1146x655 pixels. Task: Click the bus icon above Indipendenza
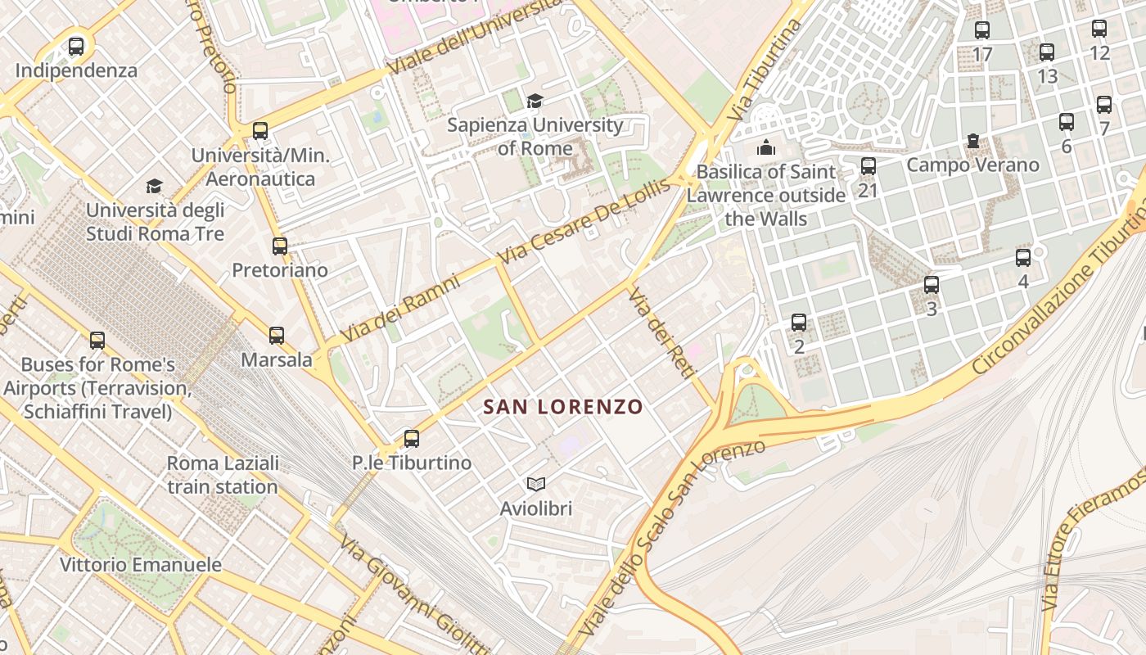pos(76,47)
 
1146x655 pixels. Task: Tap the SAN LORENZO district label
pos(563,407)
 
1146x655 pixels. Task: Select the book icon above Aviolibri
pos(536,485)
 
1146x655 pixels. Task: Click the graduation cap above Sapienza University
pos(535,101)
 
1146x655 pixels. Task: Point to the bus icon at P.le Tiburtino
pos(412,439)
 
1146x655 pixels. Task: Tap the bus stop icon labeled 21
pos(869,166)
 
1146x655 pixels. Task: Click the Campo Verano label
pos(972,165)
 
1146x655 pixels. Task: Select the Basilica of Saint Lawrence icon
pos(766,147)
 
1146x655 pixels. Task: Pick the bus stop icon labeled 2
pos(799,323)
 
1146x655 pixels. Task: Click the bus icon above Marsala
pos(277,335)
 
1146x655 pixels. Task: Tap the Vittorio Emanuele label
pos(141,565)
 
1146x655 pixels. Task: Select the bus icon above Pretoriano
pos(280,246)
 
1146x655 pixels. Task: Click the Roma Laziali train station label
pos(223,475)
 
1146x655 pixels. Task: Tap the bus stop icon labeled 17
pos(982,30)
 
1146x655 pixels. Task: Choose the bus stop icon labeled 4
pos(1023,258)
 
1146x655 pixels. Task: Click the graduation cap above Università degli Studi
pos(155,187)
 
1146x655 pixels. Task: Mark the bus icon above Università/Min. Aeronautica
pos(260,130)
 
